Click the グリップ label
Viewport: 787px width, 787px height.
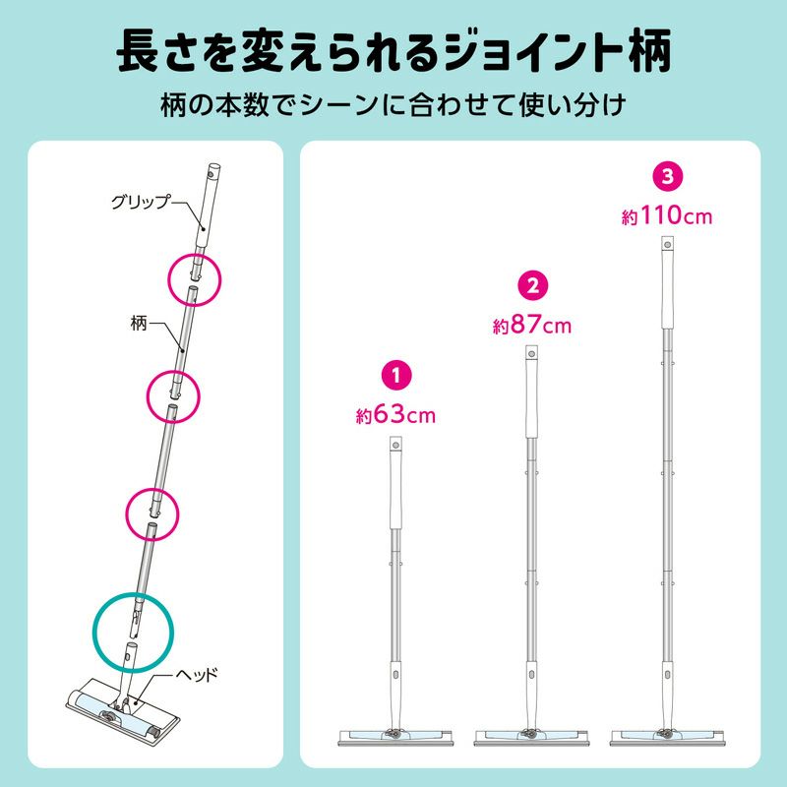(x=141, y=202)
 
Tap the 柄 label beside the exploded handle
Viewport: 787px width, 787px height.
(x=139, y=324)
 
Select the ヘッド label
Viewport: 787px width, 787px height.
(x=197, y=674)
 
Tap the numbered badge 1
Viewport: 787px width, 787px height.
(x=396, y=375)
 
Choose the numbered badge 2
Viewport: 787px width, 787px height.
(x=532, y=285)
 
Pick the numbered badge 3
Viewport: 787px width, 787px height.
(x=667, y=176)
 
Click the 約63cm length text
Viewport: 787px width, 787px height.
(x=395, y=414)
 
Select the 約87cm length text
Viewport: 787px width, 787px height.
(x=532, y=325)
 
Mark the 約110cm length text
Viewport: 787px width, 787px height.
(x=667, y=215)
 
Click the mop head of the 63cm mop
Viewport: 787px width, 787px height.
(x=395, y=737)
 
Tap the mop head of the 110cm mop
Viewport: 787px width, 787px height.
(x=667, y=737)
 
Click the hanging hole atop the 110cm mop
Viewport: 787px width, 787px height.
(x=667, y=244)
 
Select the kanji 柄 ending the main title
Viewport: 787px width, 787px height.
(x=648, y=52)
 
